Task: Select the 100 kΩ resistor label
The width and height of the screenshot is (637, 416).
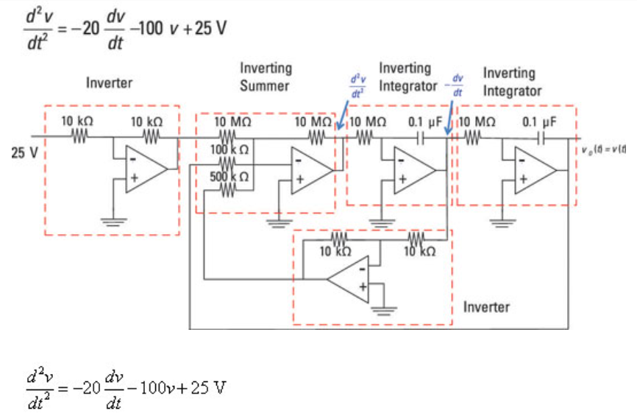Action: click(x=229, y=149)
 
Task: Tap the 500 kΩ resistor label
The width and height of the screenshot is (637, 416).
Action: click(x=229, y=177)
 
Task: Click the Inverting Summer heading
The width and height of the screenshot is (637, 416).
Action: click(x=266, y=77)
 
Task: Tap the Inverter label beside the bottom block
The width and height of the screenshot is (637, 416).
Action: click(x=485, y=306)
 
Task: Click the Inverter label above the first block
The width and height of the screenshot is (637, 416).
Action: click(x=109, y=82)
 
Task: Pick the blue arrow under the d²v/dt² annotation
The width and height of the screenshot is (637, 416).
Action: click(x=341, y=112)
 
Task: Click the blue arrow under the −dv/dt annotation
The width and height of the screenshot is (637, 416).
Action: click(x=449, y=111)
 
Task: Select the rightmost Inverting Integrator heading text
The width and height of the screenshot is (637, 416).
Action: click(x=512, y=82)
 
